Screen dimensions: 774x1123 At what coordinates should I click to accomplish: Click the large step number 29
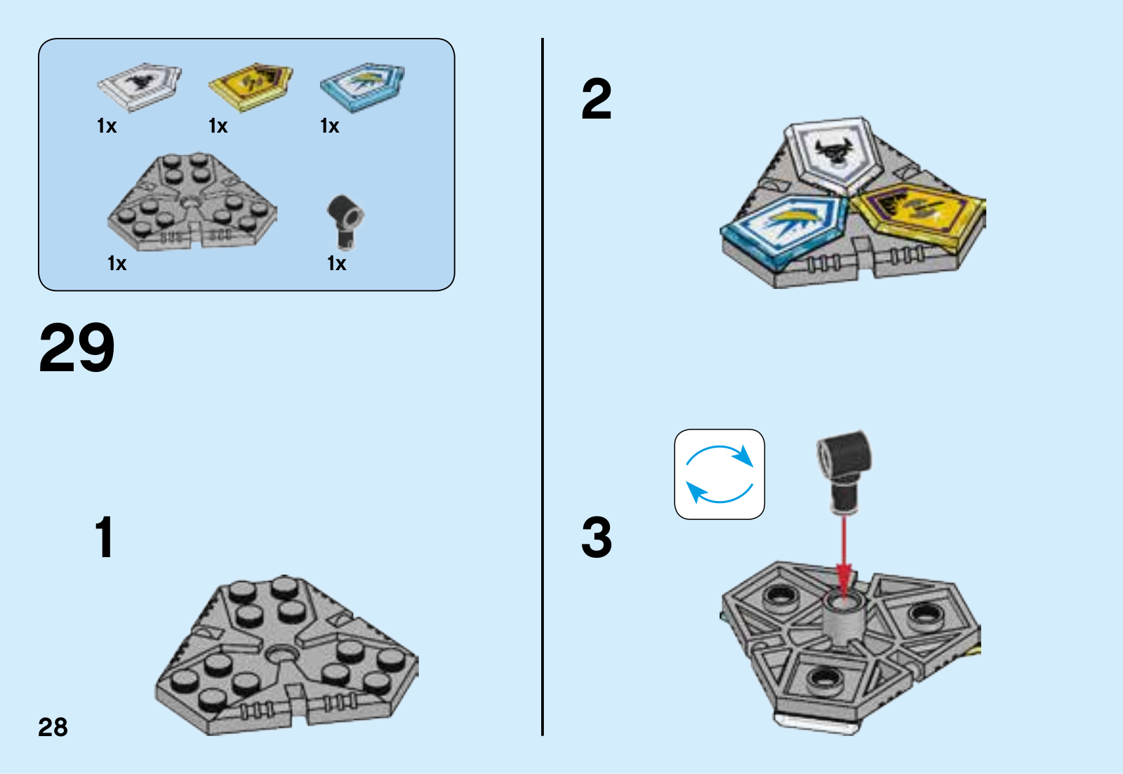click(x=77, y=348)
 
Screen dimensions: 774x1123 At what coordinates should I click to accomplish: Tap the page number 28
click(x=53, y=728)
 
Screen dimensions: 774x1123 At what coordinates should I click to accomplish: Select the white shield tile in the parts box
click(x=139, y=86)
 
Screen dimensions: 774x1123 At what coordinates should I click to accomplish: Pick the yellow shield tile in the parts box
click(x=250, y=86)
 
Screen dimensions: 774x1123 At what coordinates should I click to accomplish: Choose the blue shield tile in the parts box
click(x=362, y=86)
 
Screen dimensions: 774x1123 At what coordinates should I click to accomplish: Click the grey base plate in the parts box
click(x=192, y=203)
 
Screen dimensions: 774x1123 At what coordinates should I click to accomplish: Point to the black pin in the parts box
click(x=345, y=220)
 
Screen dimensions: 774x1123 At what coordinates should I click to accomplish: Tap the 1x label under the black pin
click(x=337, y=264)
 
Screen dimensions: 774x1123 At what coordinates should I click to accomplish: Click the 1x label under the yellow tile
click(x=218, y=126)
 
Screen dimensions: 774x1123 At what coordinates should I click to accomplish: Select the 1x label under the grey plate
click(x=117, y=264)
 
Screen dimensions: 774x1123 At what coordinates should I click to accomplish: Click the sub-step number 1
click(x=104, y=538)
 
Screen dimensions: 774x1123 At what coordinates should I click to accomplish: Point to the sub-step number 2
click(x=597, y=100)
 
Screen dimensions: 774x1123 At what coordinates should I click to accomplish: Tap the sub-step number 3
click(x=597, y=538)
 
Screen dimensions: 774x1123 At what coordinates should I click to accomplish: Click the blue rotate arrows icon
click(x=719, y=474)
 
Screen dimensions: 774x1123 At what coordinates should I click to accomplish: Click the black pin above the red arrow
click(x=845, y=468)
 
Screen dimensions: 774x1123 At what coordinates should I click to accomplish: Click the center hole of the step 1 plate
click(x=282, y=654)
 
